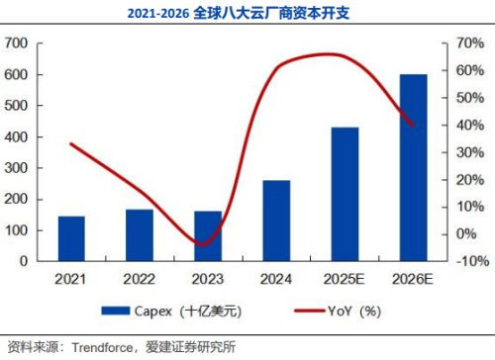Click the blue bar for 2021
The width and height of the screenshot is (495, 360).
71,238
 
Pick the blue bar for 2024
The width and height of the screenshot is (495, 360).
276,221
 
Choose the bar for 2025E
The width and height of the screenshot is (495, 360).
345,194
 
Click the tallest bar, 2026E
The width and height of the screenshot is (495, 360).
413,167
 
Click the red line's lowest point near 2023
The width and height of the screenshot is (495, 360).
202,244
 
